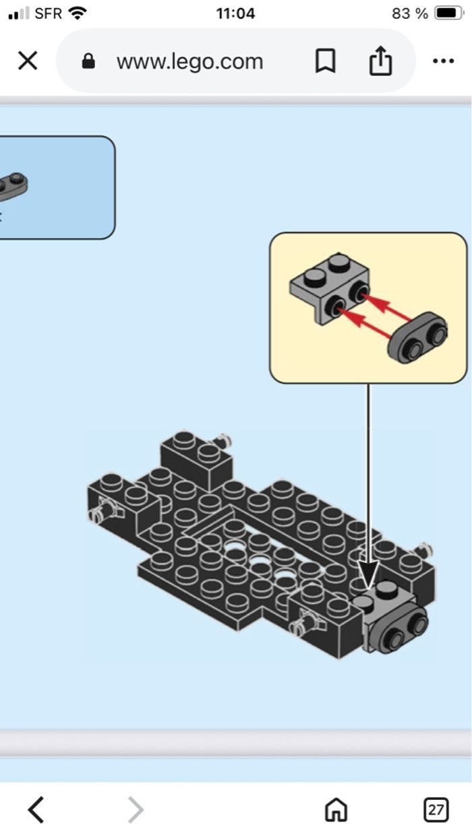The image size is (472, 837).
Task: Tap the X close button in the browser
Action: [x=27, y=61]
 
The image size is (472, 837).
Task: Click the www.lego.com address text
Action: [x=189, y=61]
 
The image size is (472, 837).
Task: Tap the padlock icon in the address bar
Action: [x=88, y=62]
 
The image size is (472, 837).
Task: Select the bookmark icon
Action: [x=325, y=61]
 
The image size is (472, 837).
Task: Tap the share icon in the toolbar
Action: [x=380, y=61]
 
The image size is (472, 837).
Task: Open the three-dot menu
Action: [x=443, y=61]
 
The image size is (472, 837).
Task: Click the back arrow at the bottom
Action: [x=36, y=809]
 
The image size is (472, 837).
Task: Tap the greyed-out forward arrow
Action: [x=136, y=809]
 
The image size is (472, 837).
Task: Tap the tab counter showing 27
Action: [x=436, y=809]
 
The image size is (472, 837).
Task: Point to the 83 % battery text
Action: [x=409, y=13]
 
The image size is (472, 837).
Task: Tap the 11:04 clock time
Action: [x=235, y=13]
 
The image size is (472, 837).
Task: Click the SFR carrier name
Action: [x=48, y=13]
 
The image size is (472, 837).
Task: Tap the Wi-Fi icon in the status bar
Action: [x=78, y=13]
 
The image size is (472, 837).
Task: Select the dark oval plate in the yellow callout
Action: [x=418, y=338]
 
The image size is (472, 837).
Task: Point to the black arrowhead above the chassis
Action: [x=368, y=576]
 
